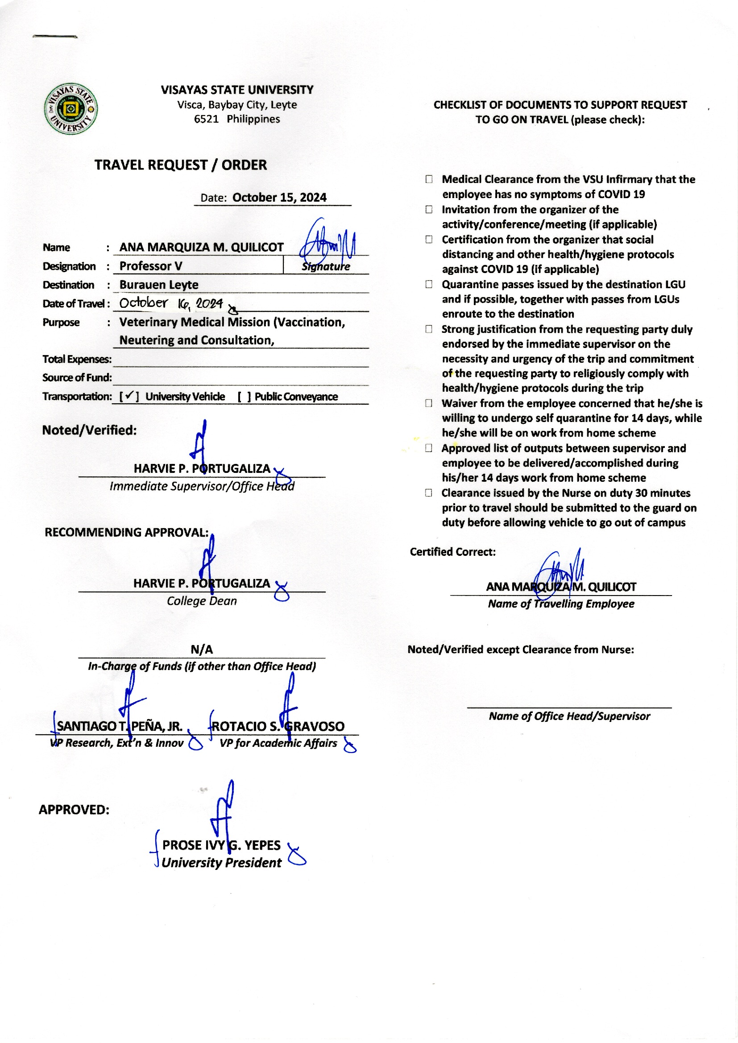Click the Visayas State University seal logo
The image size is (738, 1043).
click(71, 108)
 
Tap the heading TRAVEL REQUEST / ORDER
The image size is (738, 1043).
click(180, 165)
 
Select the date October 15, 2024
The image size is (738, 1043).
click(279, 198)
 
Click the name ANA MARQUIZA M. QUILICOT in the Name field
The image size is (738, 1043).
click(201, 247)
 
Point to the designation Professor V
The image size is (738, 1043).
click(150, 266)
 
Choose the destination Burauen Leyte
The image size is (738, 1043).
click(158, 285)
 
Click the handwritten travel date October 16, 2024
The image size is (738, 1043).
click(171, 303)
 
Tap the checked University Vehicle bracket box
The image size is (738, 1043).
click(129, 396)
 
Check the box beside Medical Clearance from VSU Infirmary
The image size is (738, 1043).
click(428, 179)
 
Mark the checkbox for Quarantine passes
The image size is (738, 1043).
click(428, 284)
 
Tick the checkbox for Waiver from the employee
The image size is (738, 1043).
click(428, 403)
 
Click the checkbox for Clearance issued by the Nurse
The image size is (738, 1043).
click(428, 493)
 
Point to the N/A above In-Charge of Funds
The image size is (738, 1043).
click(201, 650)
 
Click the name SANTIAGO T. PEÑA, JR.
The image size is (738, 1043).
click(120, 726)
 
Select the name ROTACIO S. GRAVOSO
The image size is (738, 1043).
click(278, 726)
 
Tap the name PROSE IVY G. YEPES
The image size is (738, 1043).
click(221, 845)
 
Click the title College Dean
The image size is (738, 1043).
click(201, 601)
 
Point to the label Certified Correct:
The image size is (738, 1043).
click(452, 552)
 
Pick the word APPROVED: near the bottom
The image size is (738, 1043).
click(74, 810)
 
